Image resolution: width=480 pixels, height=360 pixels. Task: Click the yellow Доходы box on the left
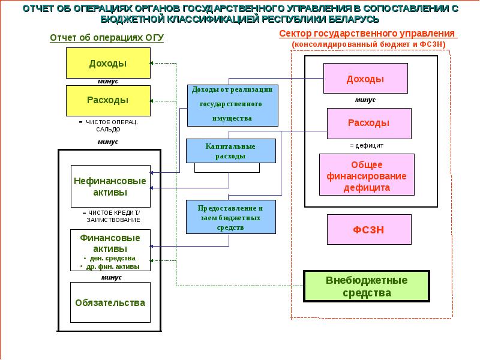click(107, 63)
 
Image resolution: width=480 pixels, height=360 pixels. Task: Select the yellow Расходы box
click(107, 100)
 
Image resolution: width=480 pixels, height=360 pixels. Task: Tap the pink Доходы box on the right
click(365, 79)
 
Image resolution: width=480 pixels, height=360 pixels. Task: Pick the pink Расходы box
click(369, 123)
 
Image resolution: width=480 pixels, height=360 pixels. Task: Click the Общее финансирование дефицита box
click(367, 175)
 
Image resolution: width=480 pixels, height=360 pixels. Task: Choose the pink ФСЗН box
click(369, 229)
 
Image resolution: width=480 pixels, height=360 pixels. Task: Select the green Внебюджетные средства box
click(367, 287)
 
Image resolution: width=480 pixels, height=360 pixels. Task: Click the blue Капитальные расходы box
click(230, 151)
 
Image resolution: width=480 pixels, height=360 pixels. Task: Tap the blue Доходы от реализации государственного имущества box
click(232, 105)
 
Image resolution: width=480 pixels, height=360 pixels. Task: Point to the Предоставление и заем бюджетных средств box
click(230, 217)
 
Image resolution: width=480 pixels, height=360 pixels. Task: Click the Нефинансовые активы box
click(110, 187)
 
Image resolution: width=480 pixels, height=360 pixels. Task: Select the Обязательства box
click(110, 302)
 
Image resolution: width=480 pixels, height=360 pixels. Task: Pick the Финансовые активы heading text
click(110, 242)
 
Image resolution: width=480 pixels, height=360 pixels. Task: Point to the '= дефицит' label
click(366, 145)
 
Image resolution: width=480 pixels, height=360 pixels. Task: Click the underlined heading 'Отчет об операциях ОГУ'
click(107, 37)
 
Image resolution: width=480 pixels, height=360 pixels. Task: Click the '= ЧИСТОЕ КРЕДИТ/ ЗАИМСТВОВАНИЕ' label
click(110, 216)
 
